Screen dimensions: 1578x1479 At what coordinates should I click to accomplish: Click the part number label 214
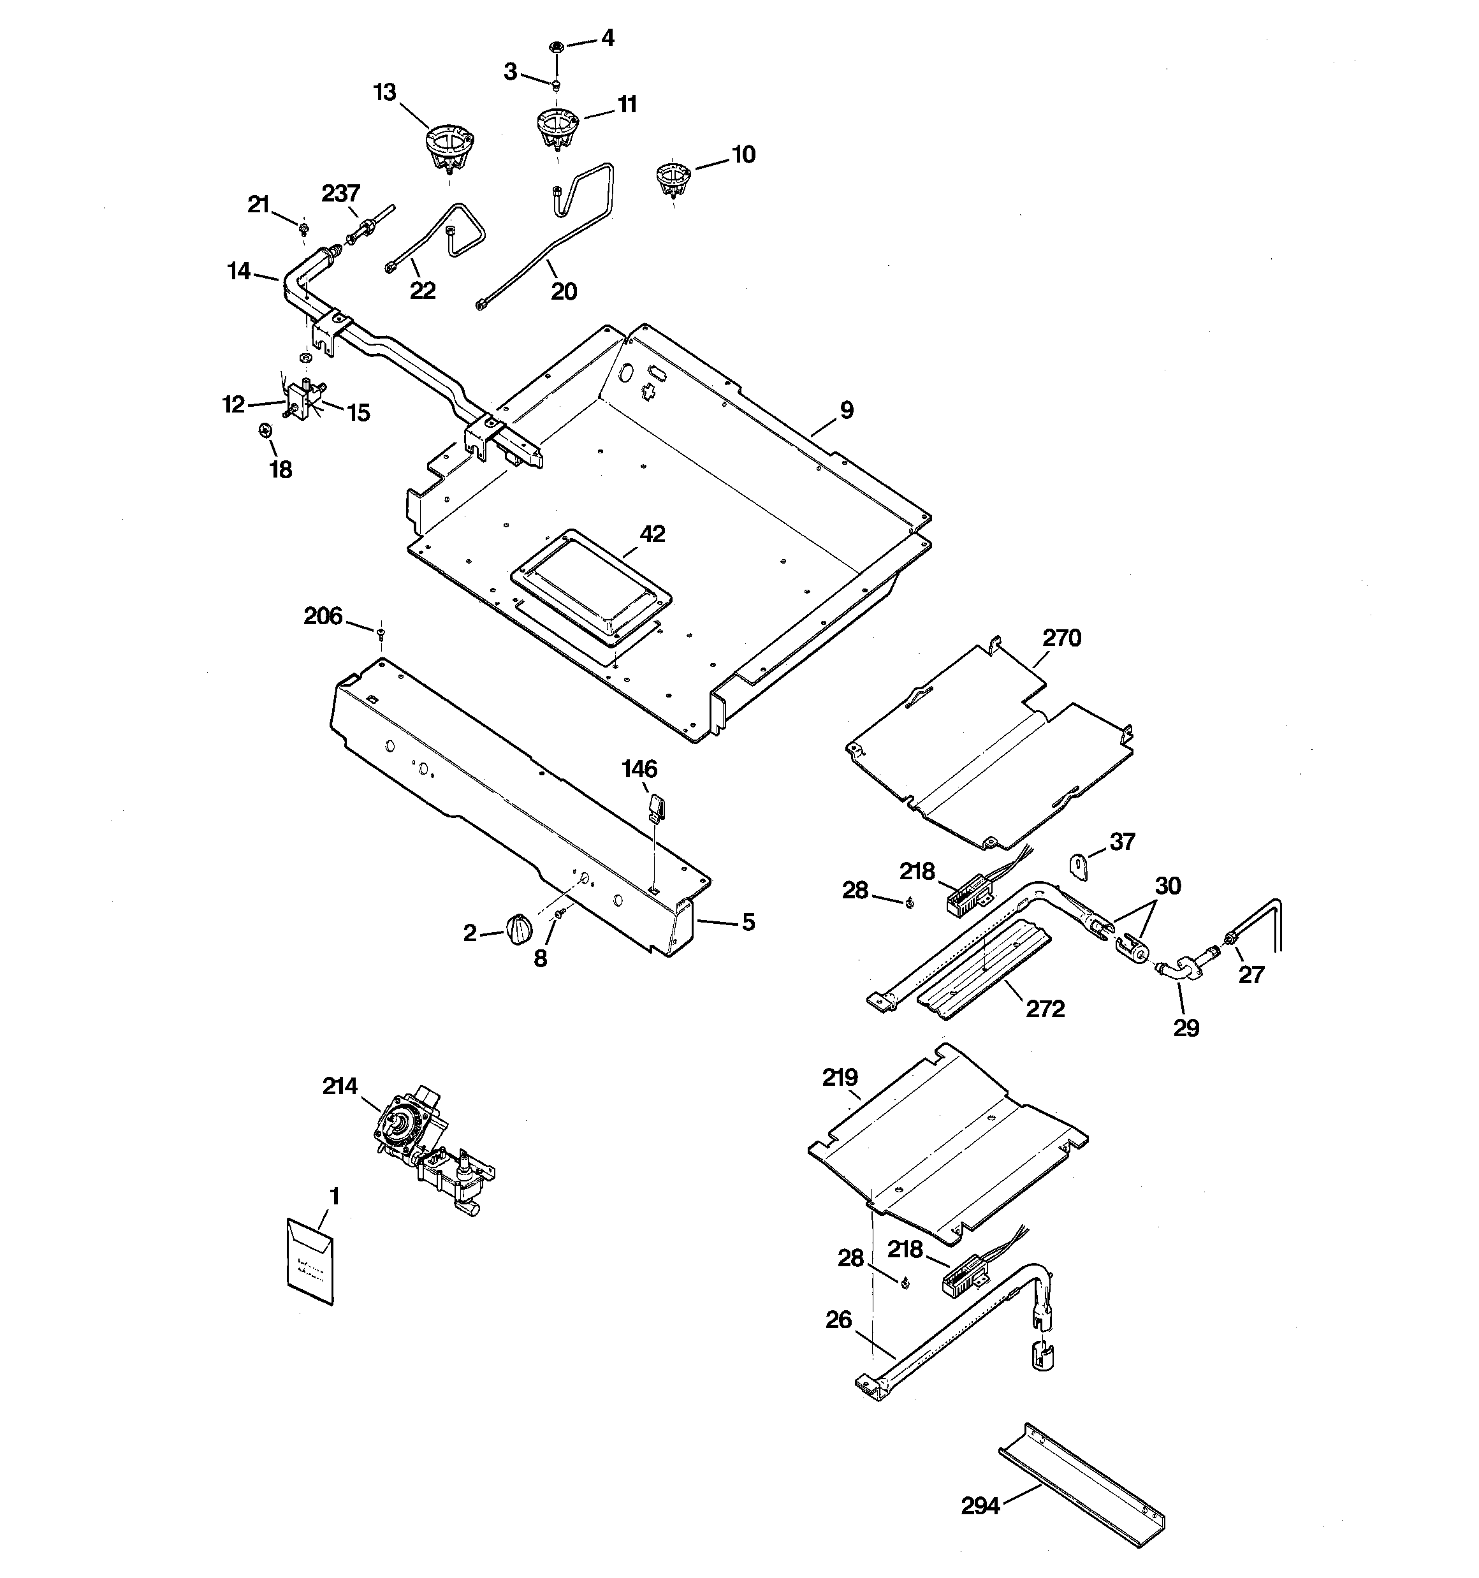pos(340,1086)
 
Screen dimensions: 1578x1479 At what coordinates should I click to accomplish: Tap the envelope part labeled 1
pos(309,1261)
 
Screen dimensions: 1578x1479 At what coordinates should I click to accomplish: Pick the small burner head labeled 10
pos(673,180)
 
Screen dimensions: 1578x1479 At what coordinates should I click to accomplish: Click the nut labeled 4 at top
pos(557,47)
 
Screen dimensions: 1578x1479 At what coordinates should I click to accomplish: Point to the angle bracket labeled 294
pos(1081,1483)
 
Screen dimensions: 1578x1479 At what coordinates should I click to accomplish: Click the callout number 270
pos(1061,638)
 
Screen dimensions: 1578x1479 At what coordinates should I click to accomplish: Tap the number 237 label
pos(340,193)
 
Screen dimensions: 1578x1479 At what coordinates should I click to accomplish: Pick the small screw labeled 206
pos(381,632)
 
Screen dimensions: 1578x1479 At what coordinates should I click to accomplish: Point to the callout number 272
pos(1045,1009)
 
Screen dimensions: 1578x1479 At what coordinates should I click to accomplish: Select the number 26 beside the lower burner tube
pos(838,1320)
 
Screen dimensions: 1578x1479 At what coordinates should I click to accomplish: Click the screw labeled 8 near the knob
pos(560,914)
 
